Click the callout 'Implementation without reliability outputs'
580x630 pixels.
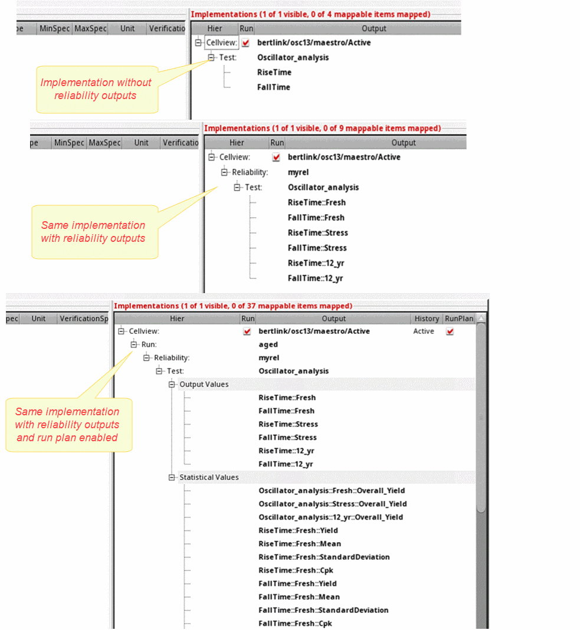pos(96,89)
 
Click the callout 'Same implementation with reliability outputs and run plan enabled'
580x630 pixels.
pos(67,425)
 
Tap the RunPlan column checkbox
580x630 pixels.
pos(450,332)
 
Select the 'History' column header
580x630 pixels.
pos(427,319)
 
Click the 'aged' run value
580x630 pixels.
pos(268,344)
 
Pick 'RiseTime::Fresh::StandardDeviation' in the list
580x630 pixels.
pos(324,557)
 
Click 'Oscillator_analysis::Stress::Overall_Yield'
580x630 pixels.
pos(332,504)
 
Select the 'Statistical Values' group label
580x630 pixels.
pos(209,477)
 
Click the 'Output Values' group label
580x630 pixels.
pos(204,385)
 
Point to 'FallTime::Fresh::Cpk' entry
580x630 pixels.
pos(295,624)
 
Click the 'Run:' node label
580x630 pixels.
pos(149,344)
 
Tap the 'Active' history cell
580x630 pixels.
pos(424,332)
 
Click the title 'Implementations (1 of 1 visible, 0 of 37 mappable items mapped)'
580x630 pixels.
pos(232,306)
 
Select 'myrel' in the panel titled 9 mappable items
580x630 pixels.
pos(298,172)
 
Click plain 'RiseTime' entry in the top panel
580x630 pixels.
pos(274,73)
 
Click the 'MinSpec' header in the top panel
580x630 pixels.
pos(54,28)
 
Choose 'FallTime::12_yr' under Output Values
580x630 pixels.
pos(286,464)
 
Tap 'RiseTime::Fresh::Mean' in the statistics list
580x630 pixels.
pos(299,544)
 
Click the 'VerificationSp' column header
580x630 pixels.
pos(84,319)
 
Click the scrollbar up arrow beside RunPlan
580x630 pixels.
pos(481,319)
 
